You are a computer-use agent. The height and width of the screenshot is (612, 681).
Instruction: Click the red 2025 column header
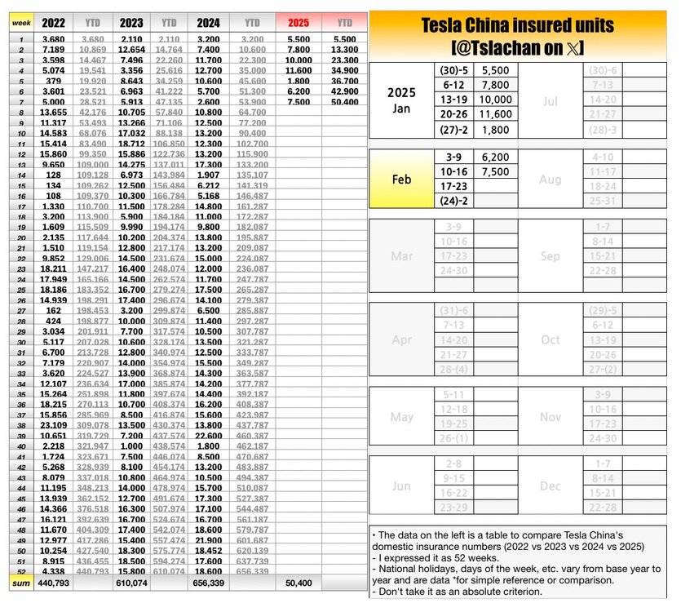(x=298, y=23)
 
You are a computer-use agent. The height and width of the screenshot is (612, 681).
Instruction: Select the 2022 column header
(x=54, y=23)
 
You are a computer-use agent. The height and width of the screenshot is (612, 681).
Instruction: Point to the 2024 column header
(x=209, y=23)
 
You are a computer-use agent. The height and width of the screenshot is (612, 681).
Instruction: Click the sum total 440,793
(x=54, y=583)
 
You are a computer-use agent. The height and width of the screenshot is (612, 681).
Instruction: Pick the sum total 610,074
(x=131, y=583)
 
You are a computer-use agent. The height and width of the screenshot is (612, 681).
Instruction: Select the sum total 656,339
(x=209, y=583)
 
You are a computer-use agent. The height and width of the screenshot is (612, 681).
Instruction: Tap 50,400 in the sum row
(x=298, y=583)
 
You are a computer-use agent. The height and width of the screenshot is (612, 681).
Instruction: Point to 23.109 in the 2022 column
(x=54, y=425)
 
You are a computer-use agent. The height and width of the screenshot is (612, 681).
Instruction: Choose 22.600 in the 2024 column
(x=209, y=436)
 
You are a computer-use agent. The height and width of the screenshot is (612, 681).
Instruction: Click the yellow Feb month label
(x=402, y=180)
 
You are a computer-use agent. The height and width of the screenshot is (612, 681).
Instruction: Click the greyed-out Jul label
(x=550, y=100)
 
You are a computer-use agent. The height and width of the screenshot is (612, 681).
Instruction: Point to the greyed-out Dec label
(x=550, y=486)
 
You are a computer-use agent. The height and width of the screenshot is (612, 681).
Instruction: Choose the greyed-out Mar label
(x=402, y=256)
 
